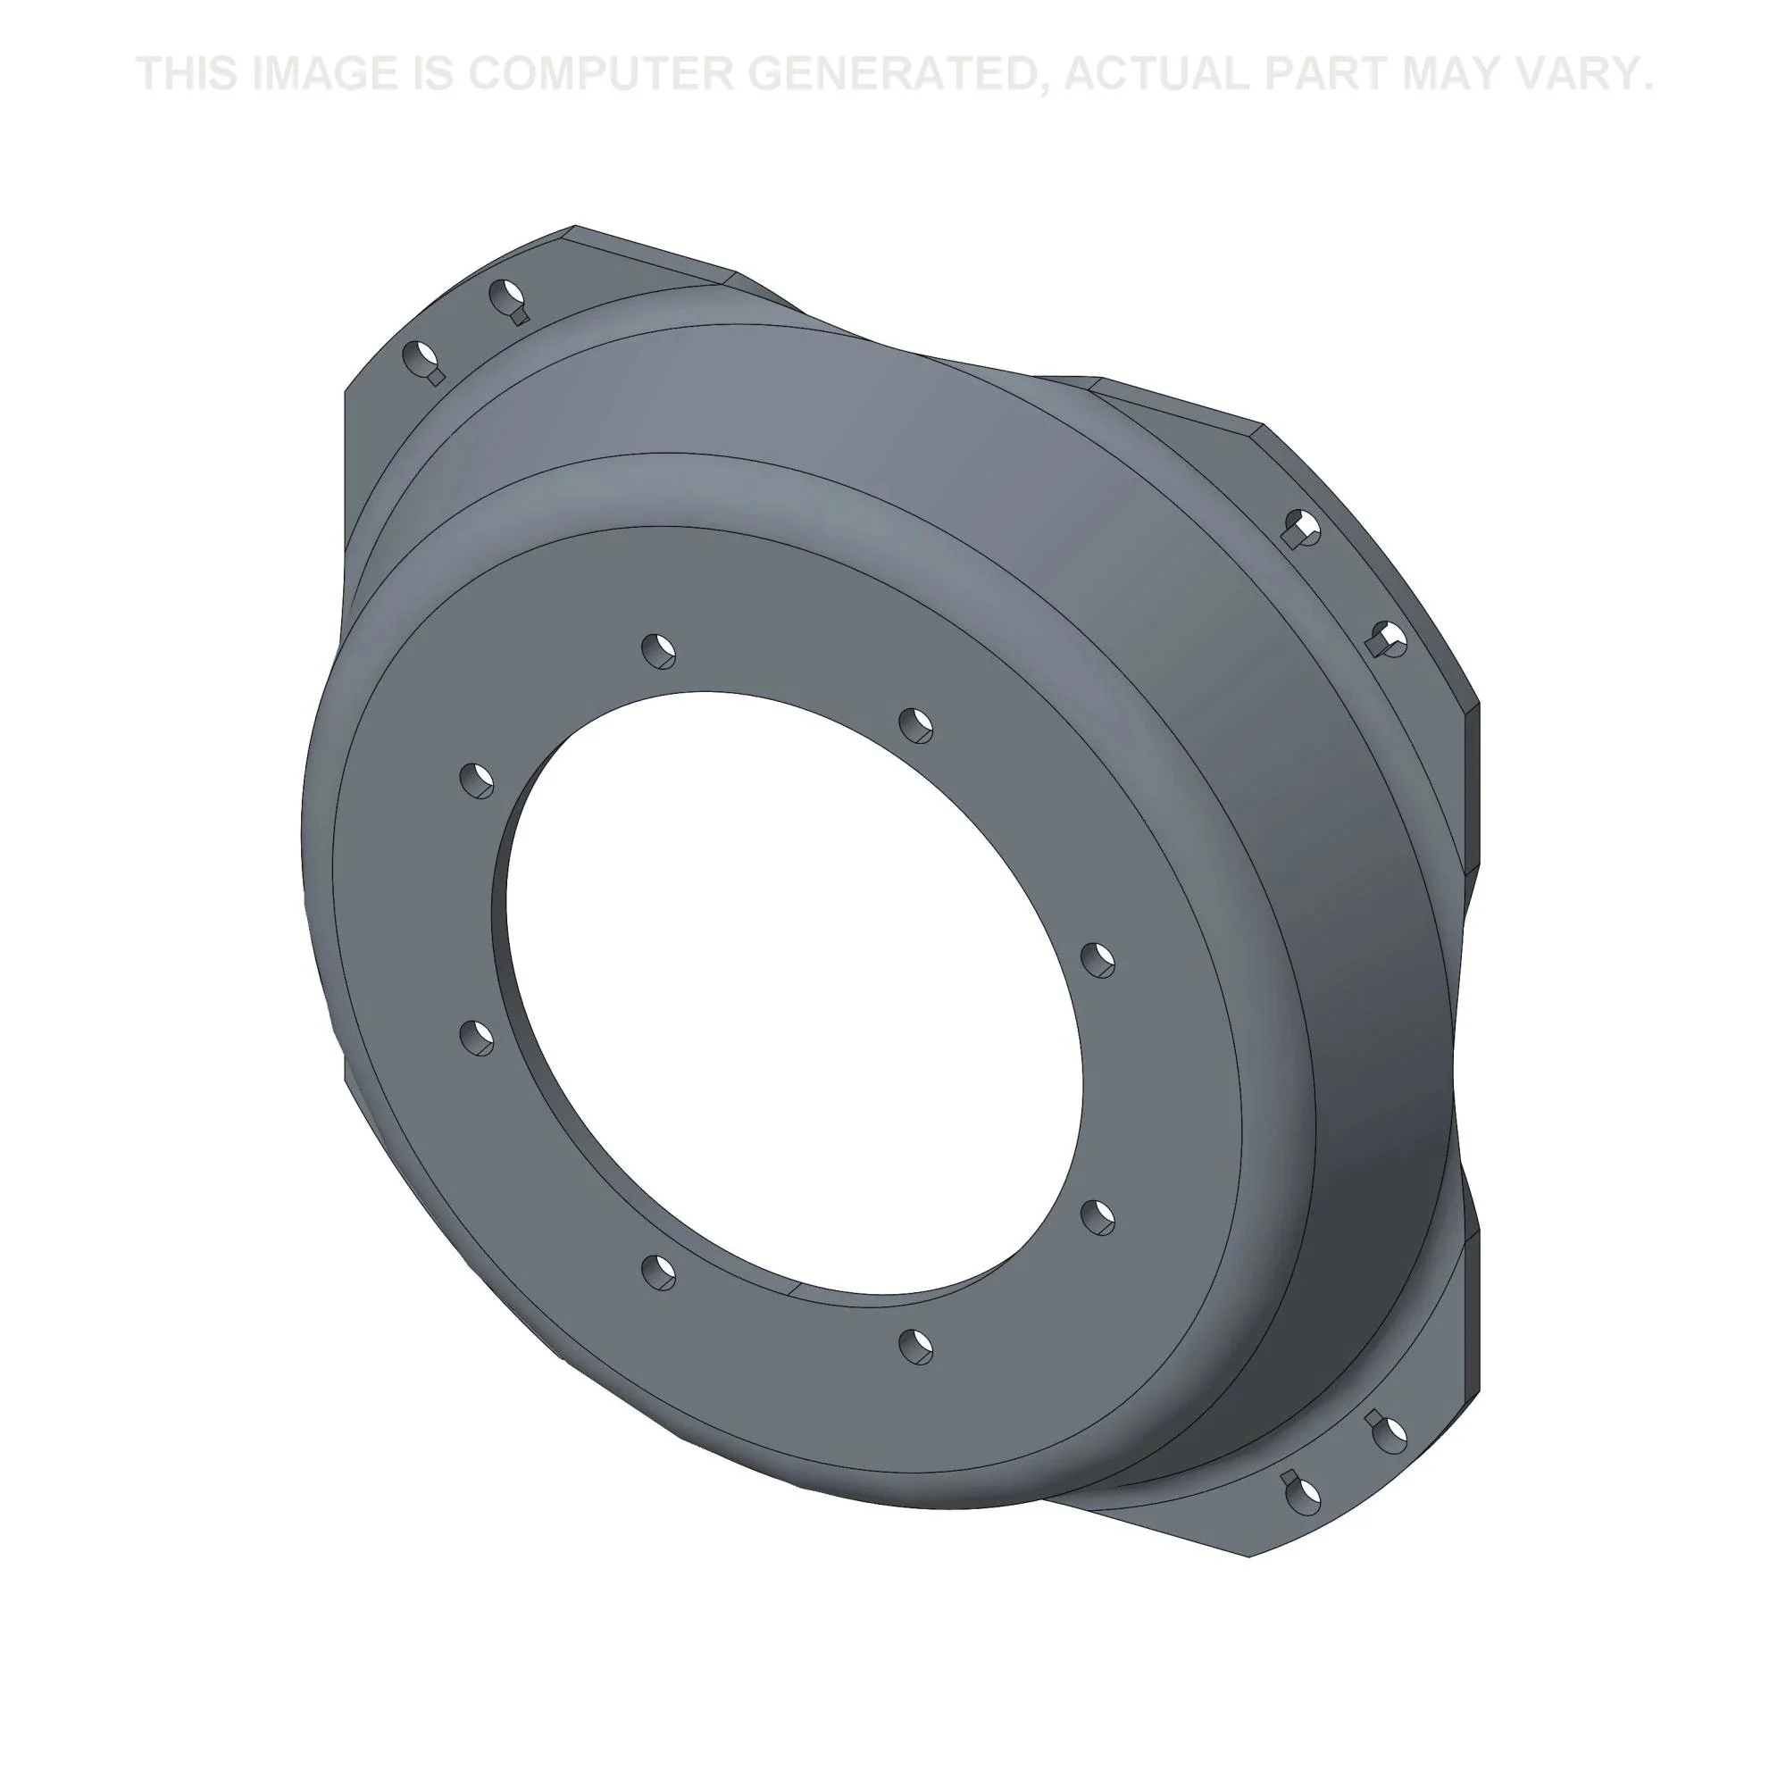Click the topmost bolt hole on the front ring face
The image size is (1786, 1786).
658,651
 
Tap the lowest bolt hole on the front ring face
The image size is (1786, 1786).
916,1345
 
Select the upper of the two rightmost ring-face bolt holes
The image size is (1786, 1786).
1097,960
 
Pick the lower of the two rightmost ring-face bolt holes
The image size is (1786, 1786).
1097,1216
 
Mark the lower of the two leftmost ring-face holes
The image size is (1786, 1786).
477,1037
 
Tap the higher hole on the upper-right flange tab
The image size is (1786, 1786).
1303,528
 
